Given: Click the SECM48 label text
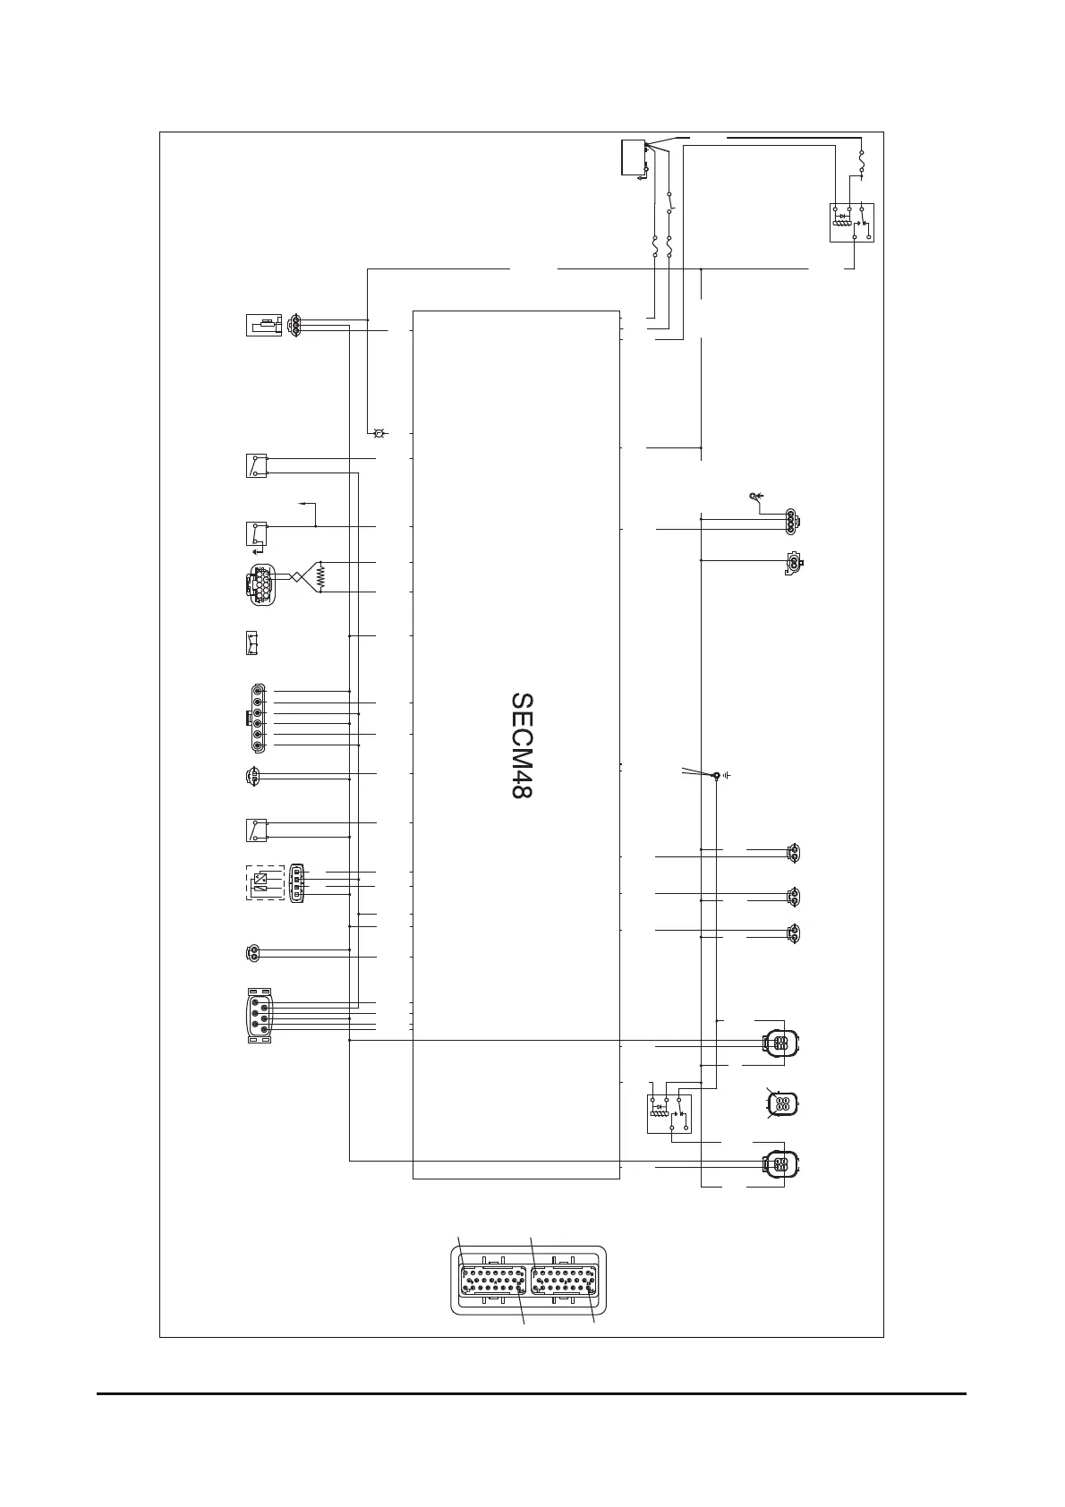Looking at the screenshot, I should click(x=522, y=745).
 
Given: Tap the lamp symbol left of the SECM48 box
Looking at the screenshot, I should click(x=378, y=433).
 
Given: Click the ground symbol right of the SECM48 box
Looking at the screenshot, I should click(x=727, y=774).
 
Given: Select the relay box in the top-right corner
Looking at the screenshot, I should click(x=849, y=222).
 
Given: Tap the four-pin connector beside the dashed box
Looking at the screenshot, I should click(x=297, y=881).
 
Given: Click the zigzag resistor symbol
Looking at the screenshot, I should click(x=320, y=577).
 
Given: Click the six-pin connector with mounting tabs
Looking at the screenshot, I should click(x=259, y=1016).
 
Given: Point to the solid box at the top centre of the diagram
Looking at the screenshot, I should click(x=635, y=158).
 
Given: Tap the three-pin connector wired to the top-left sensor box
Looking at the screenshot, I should click(x=294, y=325).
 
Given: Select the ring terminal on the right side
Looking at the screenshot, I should click(x=753, y=495).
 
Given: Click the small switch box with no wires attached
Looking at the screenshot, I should click(x=255, y=644).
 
